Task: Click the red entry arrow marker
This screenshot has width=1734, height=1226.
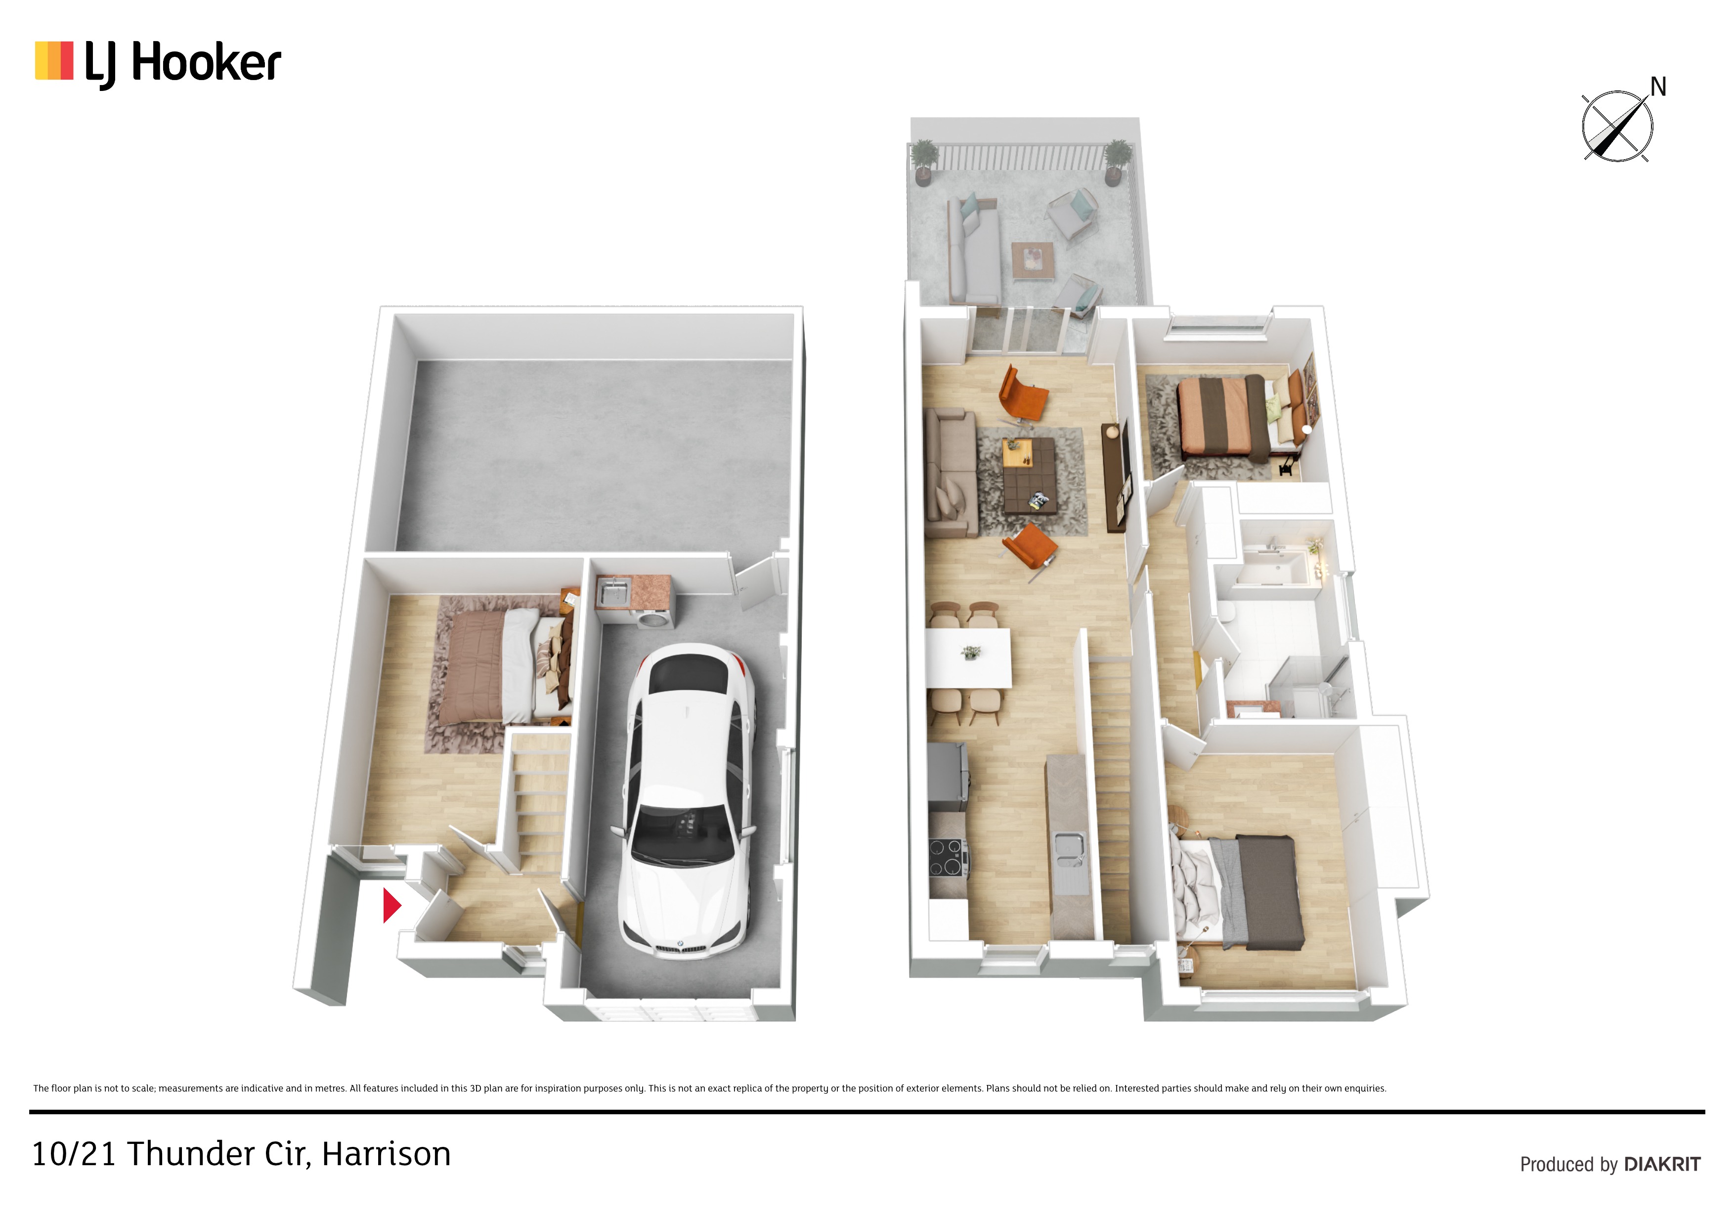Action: pos(391,905)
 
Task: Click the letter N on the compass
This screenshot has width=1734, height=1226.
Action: pos(1658,87)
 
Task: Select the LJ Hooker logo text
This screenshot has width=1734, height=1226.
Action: pos(183,63)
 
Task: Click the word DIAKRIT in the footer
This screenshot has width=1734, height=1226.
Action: pos(1662,1164)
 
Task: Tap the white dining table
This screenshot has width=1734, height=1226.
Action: pos(969,657)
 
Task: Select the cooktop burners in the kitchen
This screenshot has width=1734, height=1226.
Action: pos(948,857)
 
